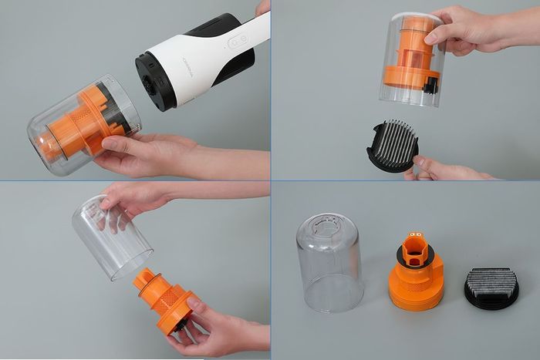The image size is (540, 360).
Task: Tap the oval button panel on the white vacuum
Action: (x=236, y=43)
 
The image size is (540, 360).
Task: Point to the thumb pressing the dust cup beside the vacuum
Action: (x=116, y=144)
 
